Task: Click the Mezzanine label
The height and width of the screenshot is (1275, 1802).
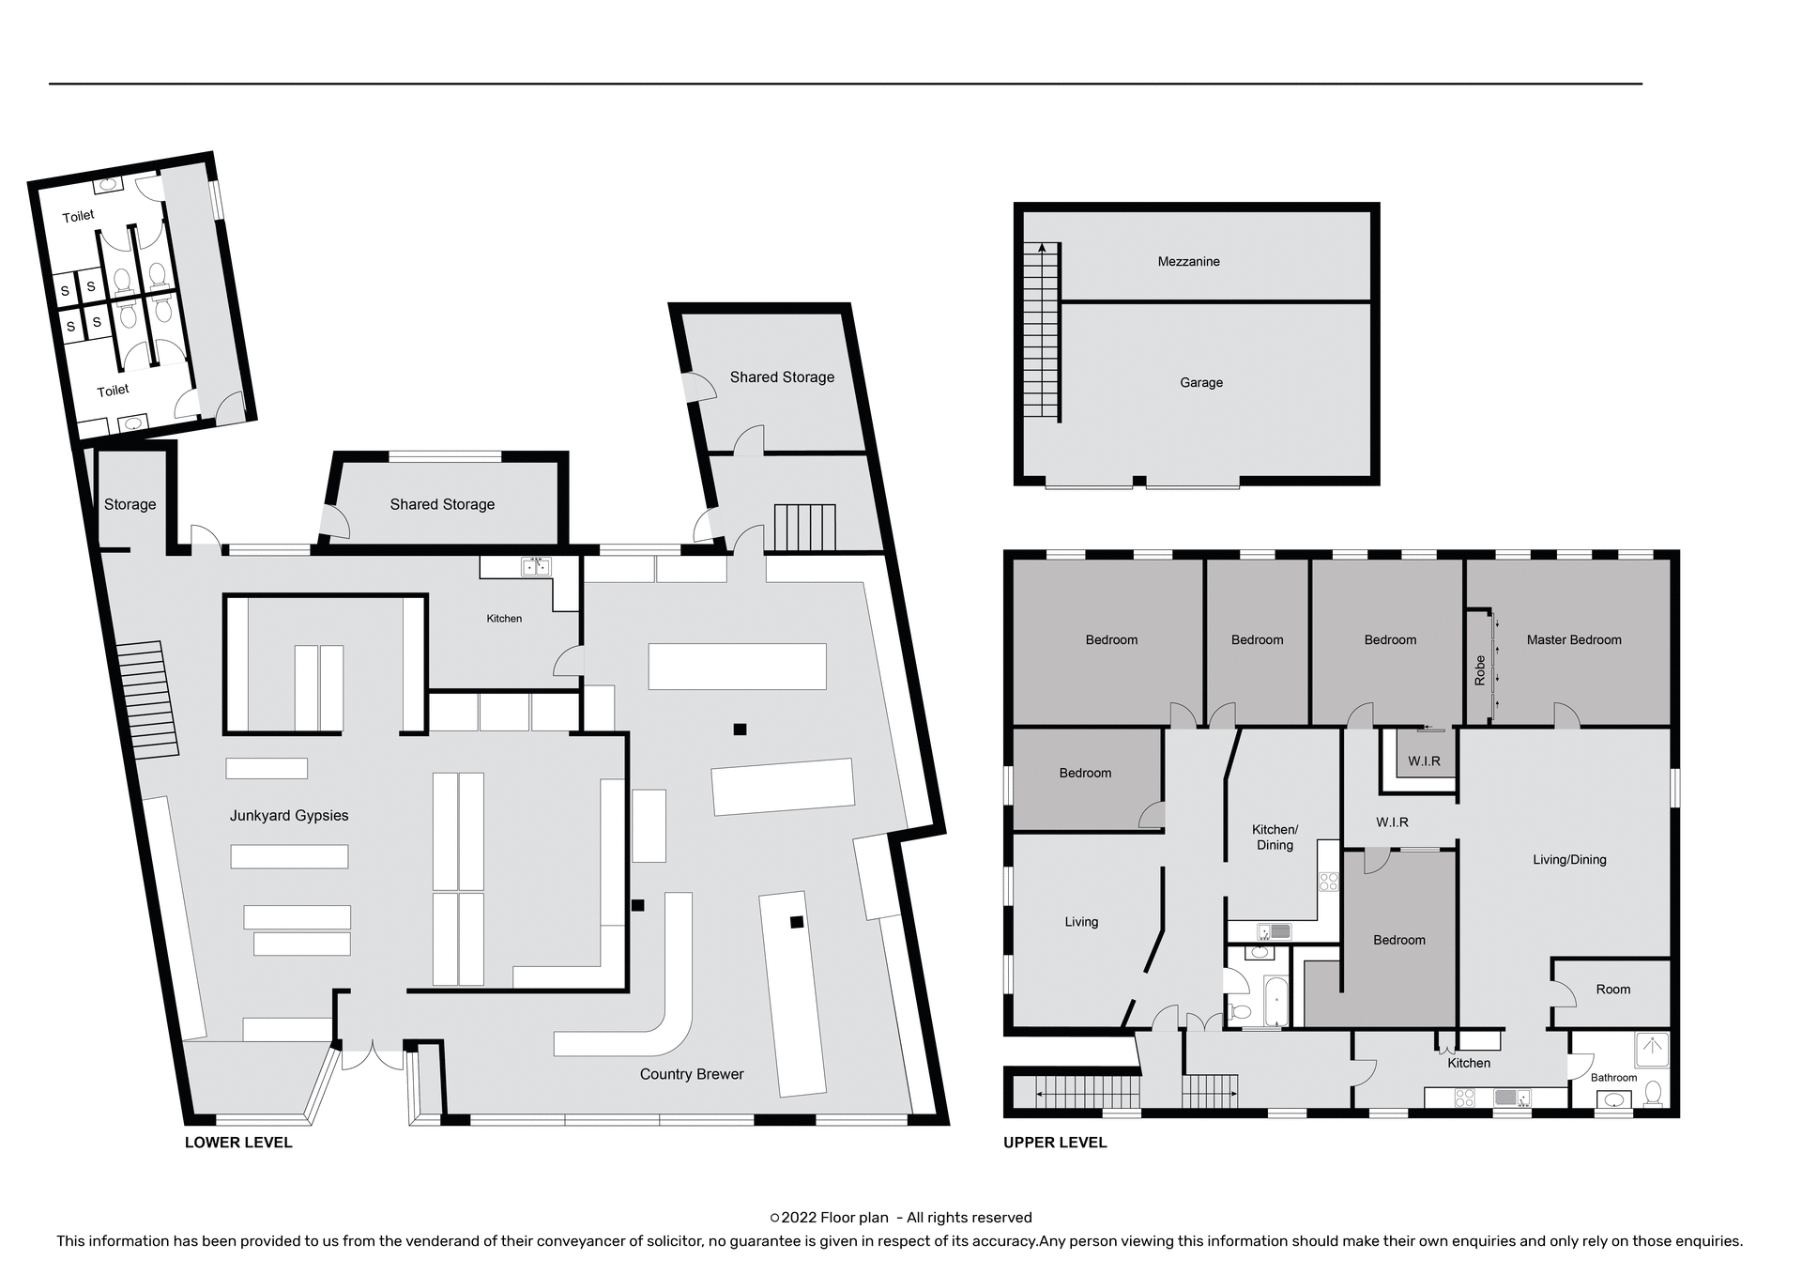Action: tap(1188, 262)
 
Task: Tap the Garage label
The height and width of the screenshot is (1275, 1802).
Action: tap(1200, 383)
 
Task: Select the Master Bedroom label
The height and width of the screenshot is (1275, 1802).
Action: tap(1573, 640)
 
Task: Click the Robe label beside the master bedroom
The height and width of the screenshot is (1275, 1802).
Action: tap(1480, 670)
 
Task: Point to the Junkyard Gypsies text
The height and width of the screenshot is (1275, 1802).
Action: tap(289, 816)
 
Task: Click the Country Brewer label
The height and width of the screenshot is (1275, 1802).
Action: tap(692, 1074)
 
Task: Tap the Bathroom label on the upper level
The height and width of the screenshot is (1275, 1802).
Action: tap(1613, 1078)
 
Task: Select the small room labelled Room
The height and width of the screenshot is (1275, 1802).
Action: tap(1612, 990)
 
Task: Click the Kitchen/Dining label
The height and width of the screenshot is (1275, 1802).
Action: tap(1275, 837)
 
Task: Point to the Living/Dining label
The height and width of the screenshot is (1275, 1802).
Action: tap(1569, 860)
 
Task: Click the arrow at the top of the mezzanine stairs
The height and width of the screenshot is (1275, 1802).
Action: tap(1041, 248)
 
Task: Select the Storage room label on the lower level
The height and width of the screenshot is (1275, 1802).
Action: tap(130, 505)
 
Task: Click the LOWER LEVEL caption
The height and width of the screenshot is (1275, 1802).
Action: tap(238, 1143)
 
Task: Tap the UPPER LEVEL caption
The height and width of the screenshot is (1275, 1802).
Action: tap(1055, 1143)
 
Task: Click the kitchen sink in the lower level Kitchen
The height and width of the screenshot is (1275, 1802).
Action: tap(536, 567)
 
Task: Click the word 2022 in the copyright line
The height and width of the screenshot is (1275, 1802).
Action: tap(799, 1218)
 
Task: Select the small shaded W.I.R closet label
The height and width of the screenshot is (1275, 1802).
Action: tap(1423, 761)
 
